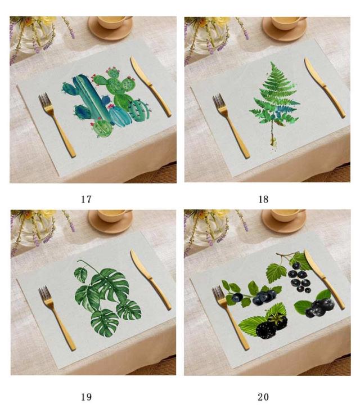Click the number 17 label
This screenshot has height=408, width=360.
point(87,199)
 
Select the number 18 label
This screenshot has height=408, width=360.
point(263,199)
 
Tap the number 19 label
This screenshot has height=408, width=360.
point(87,397)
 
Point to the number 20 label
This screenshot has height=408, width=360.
point(263,397)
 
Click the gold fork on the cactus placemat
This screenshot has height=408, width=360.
point(56,124)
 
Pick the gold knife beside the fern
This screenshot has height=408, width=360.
point(325,87)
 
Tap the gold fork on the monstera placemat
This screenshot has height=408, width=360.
point(57,317)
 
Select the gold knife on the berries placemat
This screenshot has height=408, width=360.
point(324,279)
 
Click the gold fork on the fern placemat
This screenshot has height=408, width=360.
point(231,125)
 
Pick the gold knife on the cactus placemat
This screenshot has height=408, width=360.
point(150,86)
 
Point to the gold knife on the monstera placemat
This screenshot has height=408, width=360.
point(150,279)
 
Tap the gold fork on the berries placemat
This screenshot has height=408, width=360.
point(231,317)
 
